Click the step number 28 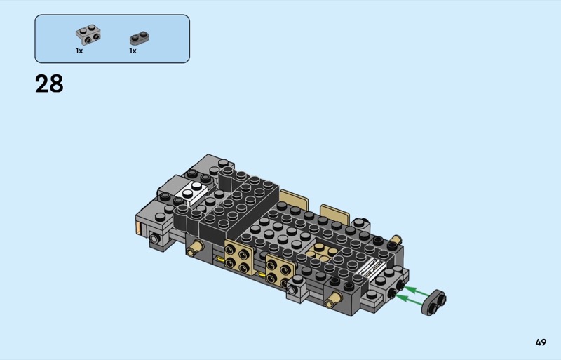49,84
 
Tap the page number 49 541,342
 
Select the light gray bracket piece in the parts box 88,35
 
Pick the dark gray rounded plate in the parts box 139,39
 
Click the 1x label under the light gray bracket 79,51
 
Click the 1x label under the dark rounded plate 133,51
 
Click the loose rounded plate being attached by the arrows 433,302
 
